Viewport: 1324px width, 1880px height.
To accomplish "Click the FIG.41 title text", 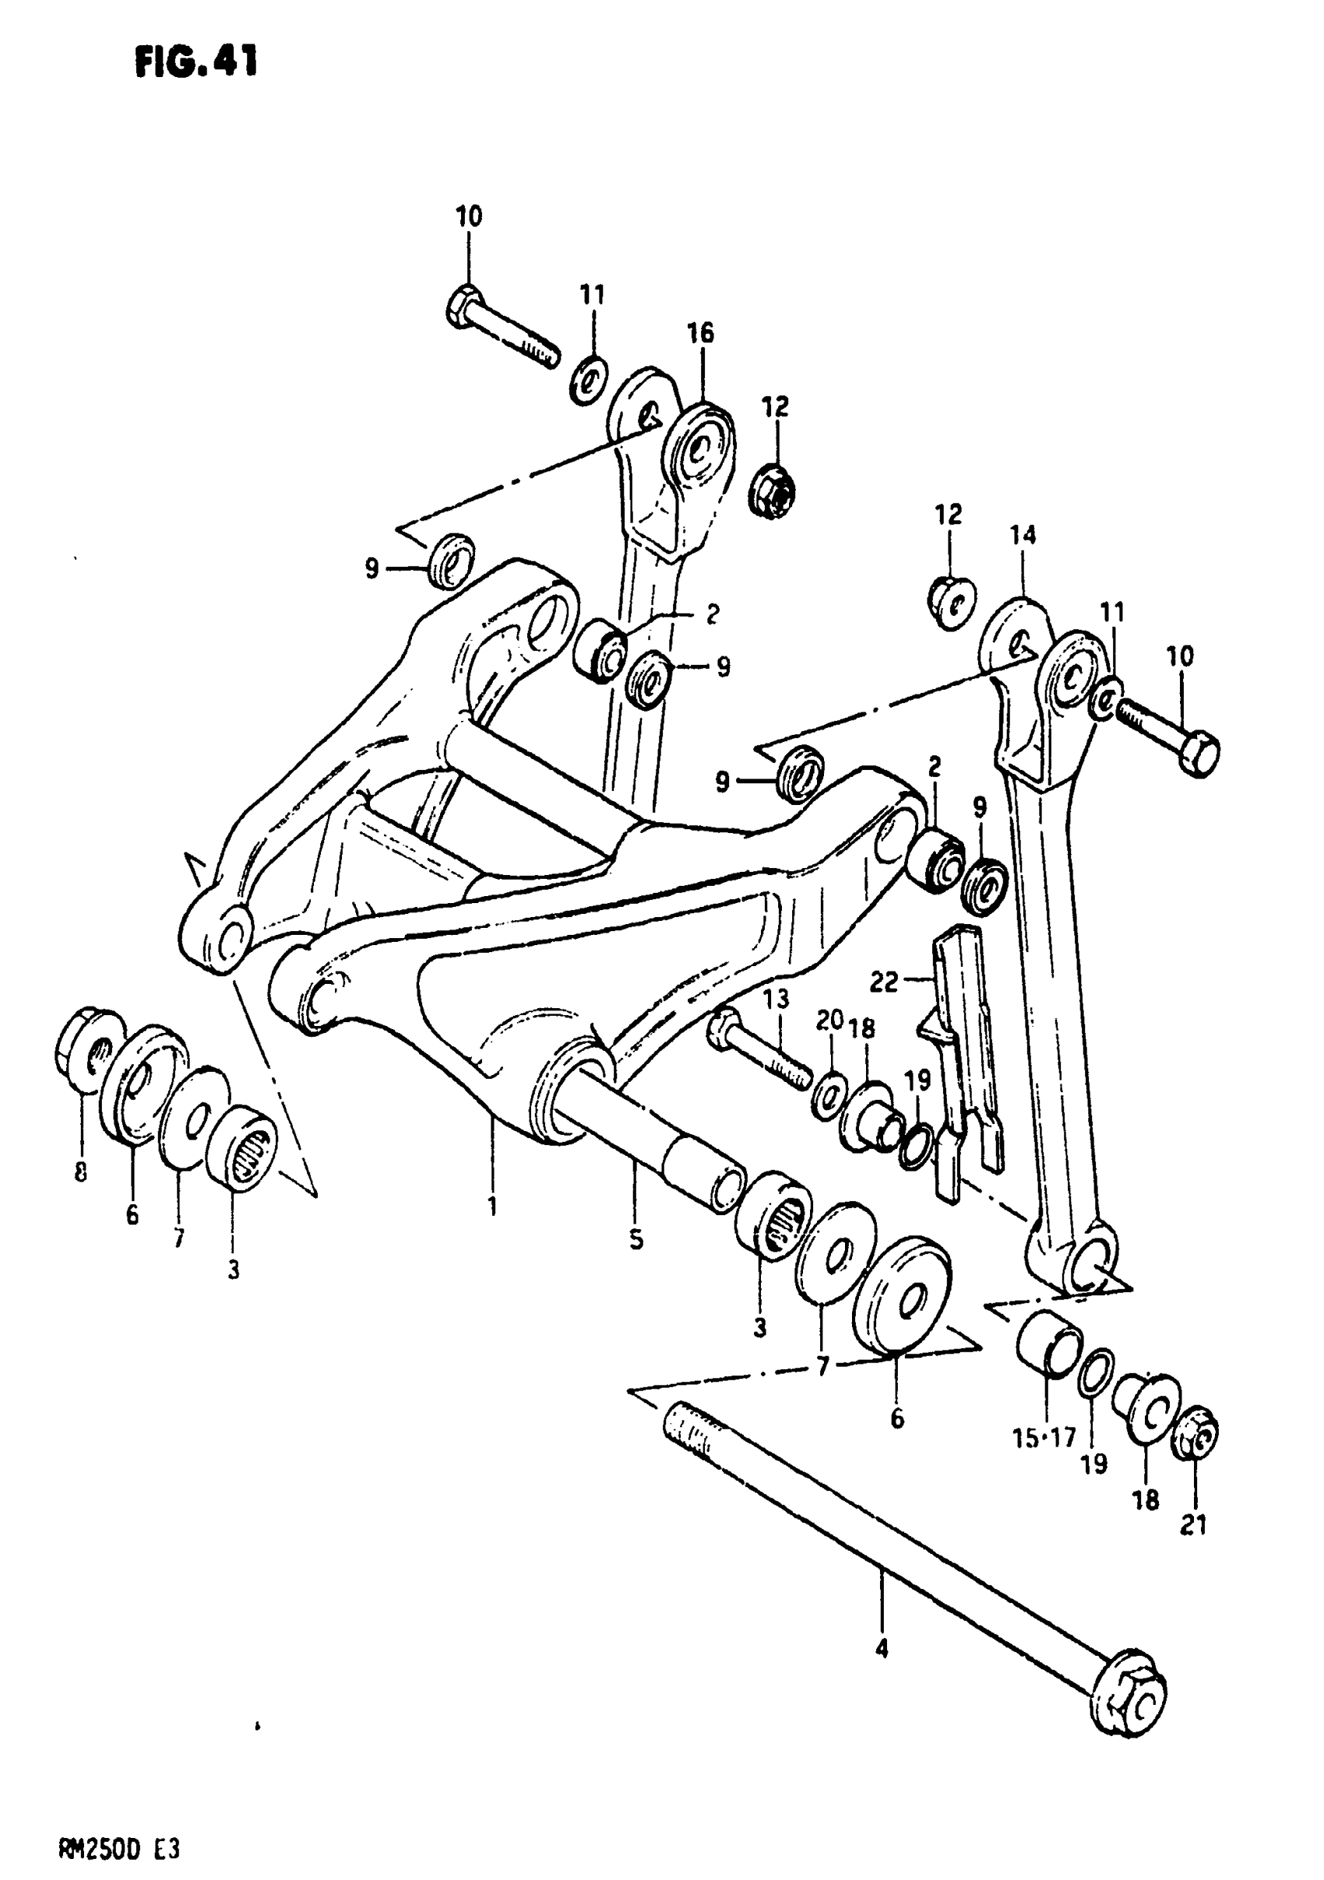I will pyautogui.click(x=195, y=61).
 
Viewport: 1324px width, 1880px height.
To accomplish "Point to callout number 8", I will pyautogui.click(x=79, y=1172).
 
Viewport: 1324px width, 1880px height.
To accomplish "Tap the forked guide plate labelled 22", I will pyautogui.click(x=962, y=1064).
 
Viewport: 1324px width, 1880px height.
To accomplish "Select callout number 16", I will pyautogui.click(x=701, y=333).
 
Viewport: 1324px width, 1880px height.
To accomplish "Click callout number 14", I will pyautogui.click(x=1023, y=536).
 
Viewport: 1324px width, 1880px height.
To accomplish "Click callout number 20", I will pyautogui.click(x=829, y=1021).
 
